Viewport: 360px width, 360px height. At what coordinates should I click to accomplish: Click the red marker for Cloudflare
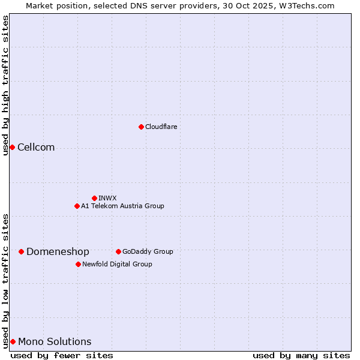[141, 127]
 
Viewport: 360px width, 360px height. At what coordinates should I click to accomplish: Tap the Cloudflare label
[161, 127]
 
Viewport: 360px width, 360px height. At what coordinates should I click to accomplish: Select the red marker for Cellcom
[12, 147]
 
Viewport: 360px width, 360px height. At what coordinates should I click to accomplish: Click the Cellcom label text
[36, 148]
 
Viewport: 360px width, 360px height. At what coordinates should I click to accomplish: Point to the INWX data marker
[94, 198]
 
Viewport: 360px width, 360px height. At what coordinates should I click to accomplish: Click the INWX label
[107, 198]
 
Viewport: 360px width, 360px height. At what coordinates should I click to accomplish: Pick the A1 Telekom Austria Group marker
[77, 206]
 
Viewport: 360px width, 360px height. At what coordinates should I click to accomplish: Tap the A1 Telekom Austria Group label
[122, 206]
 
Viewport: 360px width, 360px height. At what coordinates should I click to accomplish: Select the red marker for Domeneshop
[21, 251]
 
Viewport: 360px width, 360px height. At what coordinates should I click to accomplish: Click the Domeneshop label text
[58, 252]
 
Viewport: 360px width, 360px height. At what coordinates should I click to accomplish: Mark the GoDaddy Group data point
[118, 251]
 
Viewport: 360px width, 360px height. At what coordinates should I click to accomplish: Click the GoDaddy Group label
[148, 251]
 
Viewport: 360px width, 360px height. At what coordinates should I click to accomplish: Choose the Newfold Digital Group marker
[78, 264]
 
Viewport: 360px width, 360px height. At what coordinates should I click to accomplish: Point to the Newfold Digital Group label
[117, 264]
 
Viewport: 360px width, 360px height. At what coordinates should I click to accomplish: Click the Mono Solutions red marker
[13, 341]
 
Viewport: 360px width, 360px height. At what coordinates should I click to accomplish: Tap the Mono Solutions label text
[55, 342]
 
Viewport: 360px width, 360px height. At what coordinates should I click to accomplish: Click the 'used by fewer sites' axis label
[62, 355]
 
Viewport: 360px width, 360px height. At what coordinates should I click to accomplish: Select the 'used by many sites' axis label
[301, 355]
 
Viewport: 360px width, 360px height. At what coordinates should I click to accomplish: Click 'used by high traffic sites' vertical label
[5, 85]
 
